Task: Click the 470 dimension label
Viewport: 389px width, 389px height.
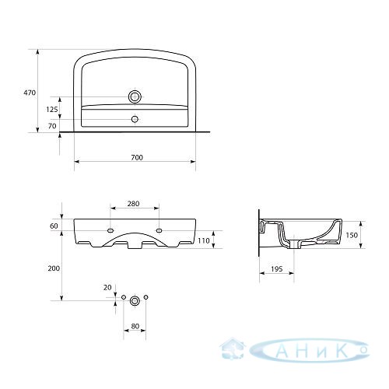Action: tap(30, 93)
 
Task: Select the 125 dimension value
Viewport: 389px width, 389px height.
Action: tap(52, 110)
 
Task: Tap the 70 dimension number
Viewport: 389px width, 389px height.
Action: tap(52, 126)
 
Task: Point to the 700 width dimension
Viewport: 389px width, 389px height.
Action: tap(137, 157)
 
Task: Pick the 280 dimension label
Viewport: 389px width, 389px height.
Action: tap(133, 204)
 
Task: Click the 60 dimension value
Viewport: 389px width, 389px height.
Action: tap(54, 226)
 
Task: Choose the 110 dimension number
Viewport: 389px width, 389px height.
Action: tap(204, 240)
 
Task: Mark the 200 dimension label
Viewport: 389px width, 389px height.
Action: tap(54, 268)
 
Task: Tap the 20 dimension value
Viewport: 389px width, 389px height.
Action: tap(107, 287)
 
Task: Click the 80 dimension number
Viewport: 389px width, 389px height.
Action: tap(135, 326)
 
